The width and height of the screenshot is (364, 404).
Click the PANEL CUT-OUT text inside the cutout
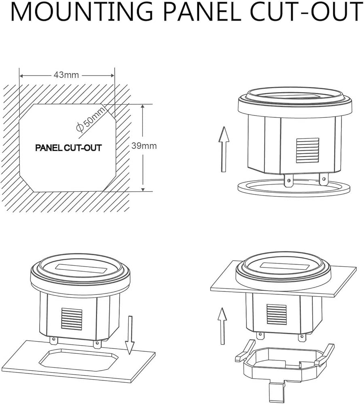tap(68, 148)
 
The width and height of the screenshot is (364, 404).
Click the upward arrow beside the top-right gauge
tap(223, 148)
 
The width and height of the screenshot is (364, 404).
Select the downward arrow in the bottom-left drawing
tap(130, 335)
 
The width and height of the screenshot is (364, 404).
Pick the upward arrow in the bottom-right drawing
tap(222, 325)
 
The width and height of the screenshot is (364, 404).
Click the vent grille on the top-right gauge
tap(307, 150)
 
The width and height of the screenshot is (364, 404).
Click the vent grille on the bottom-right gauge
tap(277, 314)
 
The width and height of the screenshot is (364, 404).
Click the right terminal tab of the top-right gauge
tap(323, 179)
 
